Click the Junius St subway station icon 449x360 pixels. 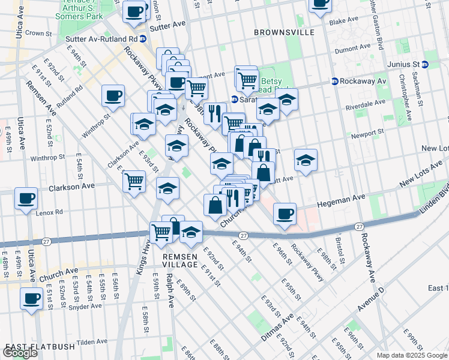tap(424, 64)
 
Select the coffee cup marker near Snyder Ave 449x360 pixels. tap(31, 298)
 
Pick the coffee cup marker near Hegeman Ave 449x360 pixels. tap(285, 212)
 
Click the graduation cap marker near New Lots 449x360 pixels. tap(306, 160)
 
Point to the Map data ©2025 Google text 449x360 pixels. tap(412, 355)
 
